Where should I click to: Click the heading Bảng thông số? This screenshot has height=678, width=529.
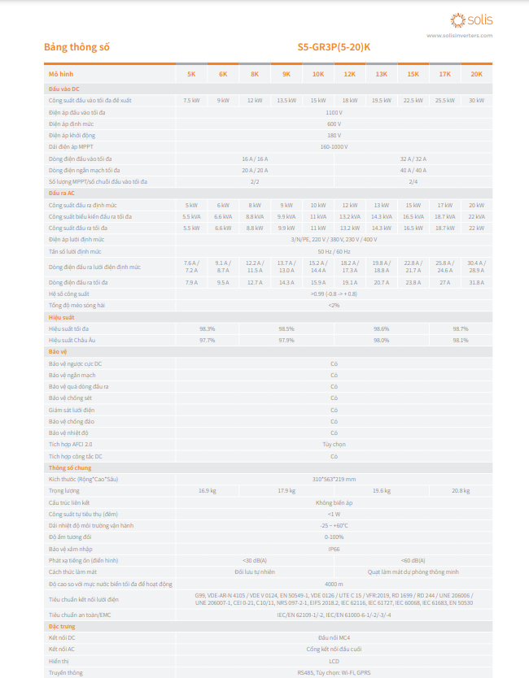pyautogui.click(x=77, y=47)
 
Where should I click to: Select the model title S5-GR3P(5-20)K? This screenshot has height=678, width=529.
pyautogui.click(x=334, y=47)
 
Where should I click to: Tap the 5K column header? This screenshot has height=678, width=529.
pyautogui.click(x=191, y=74)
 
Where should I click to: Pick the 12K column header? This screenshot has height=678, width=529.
pyautogui.click(x=350, y=74)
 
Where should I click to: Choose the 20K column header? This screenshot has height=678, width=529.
pyautogui.click(x=476, y=74)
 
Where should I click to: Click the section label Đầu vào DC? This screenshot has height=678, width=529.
pyautogui.click(x=63, y=88)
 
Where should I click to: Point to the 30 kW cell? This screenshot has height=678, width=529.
pyautogui.click(x=476, y=100)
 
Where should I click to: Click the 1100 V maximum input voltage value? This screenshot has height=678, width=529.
pyautogui.click(x=334, y=112)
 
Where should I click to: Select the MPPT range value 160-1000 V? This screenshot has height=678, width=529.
pyautogui.click(x=334, y=147)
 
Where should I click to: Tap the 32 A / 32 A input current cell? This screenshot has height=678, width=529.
pyautogui.click(x=413, y=159)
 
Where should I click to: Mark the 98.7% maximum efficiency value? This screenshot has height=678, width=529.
pyautogui.click(x=461, y=328)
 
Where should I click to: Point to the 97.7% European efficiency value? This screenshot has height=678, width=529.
pyautogui.click(x=207, y=340)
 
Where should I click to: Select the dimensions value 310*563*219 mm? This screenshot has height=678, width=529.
pyautogui.click(x=334, y=480)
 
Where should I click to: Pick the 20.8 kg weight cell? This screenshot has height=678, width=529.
pyautogui.click(x=461, y=491)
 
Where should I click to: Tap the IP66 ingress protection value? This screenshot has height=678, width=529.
pyautogui.click(x=334, y=550)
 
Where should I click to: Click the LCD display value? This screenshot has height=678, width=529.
pyautogui.click(x=334, y=661)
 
